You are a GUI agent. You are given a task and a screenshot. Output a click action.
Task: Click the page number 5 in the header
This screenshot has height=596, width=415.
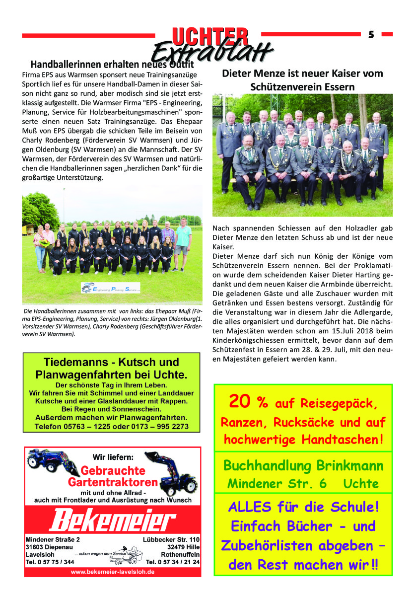(371, 34)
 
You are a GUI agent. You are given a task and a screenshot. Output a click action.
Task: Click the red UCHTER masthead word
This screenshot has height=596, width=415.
(210, 36)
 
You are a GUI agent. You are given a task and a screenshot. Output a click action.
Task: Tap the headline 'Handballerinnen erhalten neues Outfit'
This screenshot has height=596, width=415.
(112, 65)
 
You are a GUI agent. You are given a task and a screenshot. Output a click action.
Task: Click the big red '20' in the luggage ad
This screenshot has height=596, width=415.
(240, 402)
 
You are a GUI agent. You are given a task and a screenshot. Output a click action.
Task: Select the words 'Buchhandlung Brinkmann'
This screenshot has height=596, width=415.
(303, 465)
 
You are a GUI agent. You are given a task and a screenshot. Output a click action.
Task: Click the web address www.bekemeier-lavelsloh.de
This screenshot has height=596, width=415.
(112, 572)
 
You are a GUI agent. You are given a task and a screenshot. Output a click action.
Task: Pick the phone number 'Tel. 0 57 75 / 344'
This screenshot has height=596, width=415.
(50, 562)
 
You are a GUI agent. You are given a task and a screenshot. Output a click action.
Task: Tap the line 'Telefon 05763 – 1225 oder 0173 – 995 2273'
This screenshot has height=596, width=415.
(112, 427)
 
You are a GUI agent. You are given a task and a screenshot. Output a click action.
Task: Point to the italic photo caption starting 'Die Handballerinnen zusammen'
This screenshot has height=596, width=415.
(112, 323)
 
